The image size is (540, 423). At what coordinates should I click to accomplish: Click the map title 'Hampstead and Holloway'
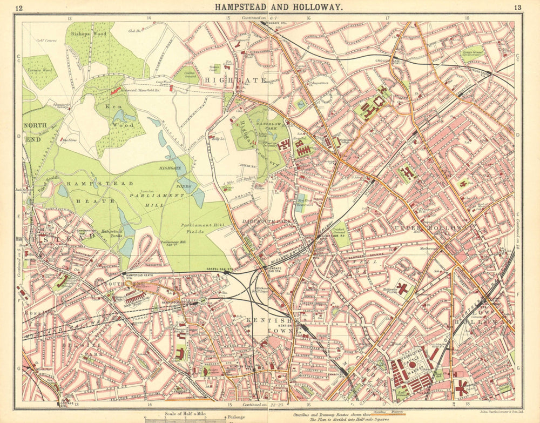pyautogui.click(x=278, y=7)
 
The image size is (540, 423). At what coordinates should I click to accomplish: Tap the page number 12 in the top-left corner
pyautogui.click(x=19, y=8)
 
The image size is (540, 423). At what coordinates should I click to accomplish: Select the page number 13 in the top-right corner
pyautogui.click(x=518, y=8)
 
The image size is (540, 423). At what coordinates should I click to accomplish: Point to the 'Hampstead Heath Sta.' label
pyautogui.click(x=137, y=276)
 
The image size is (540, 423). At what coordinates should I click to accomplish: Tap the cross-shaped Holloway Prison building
pyautogui.click(x=402, y=288)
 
